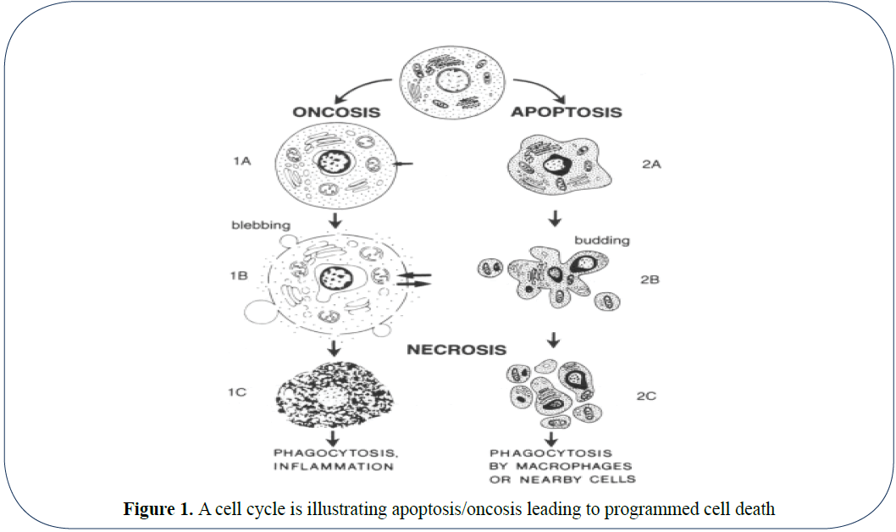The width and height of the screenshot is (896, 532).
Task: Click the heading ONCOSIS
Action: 335,112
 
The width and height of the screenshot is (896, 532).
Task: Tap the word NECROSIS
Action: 456,349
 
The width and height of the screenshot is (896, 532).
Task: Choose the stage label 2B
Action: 650,279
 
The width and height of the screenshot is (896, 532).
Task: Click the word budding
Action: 602,240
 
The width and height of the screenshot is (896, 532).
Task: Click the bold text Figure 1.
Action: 158,509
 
